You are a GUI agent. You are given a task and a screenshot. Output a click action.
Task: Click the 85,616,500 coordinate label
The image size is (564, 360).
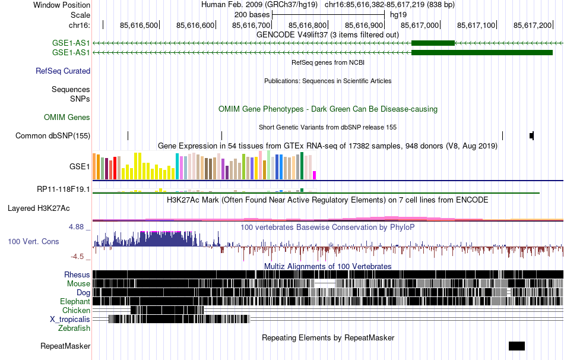[x=139, y=25]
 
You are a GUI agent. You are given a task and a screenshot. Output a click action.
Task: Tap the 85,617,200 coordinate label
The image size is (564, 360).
[x=533, y=25]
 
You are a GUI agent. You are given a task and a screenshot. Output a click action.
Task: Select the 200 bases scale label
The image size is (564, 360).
[x=252, y=14]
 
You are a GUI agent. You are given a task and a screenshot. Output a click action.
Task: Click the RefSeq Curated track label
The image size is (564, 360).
[x=63, y=71]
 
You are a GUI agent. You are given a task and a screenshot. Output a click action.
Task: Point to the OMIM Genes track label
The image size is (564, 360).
[x=67, y=118]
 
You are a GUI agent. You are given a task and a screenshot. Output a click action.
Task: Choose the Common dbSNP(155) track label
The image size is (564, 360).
[x=53, y=136]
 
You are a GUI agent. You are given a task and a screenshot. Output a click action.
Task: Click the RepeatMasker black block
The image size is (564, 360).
[x=517, y=346]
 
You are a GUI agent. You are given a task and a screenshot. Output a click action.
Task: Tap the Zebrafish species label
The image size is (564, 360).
[x=74, y=328]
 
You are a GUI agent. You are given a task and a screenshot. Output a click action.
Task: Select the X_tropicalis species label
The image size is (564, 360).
[x=70, y=319]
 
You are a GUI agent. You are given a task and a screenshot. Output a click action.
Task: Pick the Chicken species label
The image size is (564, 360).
[x=76, y=310]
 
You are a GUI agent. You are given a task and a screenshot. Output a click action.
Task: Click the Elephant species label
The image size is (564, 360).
[x=75, y=301]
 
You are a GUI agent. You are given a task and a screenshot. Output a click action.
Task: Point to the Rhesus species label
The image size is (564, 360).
[x=77, y=275]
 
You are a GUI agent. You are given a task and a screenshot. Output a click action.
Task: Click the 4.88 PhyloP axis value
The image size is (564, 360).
[x=80, y=227]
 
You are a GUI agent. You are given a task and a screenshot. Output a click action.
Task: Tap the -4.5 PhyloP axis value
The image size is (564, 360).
[x=81, y=257]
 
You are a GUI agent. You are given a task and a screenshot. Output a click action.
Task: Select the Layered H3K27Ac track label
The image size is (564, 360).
[x=39, y=209]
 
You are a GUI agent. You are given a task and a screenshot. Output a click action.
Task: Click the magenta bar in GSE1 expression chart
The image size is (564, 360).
[x=315, y=175]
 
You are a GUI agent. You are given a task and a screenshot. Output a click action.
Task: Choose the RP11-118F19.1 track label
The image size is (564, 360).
[x=64, y=190]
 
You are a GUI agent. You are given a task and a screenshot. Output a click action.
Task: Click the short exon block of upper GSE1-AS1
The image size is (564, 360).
[x=433, y=43]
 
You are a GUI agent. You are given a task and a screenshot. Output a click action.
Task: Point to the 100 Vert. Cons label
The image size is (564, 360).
[x=33, y=242]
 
